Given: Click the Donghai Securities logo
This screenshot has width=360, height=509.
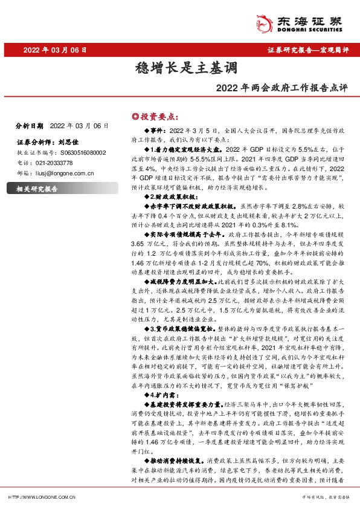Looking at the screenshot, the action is click(305, 22).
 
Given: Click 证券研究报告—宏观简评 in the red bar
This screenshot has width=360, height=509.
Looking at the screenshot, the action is click(307, 50).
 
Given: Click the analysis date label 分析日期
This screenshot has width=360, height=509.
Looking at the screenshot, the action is click(29, 126).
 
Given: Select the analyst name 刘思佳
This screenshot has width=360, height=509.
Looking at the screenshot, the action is click(71, 143).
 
